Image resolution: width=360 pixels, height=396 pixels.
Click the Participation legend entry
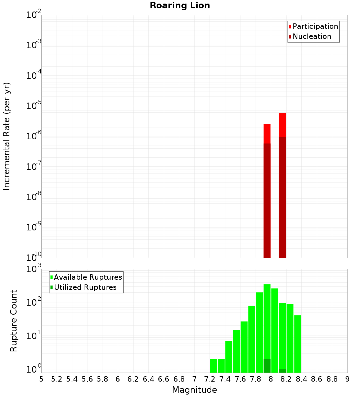pyautogui.click(x=315, y=26)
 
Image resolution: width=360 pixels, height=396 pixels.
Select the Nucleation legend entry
pyautogui.click(x=311, y=36)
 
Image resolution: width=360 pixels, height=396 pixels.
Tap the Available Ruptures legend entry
pyautogui.click(x=87, y=277)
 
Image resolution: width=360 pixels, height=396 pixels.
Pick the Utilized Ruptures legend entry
pyautogui.click(x=85, y=287)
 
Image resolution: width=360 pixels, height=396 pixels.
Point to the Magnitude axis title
pyautogui.click(x=194, y=390)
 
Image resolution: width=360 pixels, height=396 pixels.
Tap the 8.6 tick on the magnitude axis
pyautogui.click(x=317, y=379)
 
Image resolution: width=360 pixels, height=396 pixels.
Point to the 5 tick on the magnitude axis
pyautogui.click(x=41, y=379)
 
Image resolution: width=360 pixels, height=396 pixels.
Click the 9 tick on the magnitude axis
pyautogui.click(x=347, y=379)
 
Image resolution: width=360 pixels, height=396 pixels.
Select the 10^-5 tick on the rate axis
pyautogui.click(x=33, y=106)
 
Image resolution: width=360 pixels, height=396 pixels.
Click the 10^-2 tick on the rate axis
pyautogui.click(x=33, y=15)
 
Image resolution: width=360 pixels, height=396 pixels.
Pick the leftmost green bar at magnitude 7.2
pyautogui.click(x=213, y=366)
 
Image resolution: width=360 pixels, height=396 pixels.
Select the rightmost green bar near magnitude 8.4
pyautogui.click(x=298, y=344)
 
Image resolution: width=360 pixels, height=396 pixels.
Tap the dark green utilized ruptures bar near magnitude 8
pyautogui.click(x=267, y=366)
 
